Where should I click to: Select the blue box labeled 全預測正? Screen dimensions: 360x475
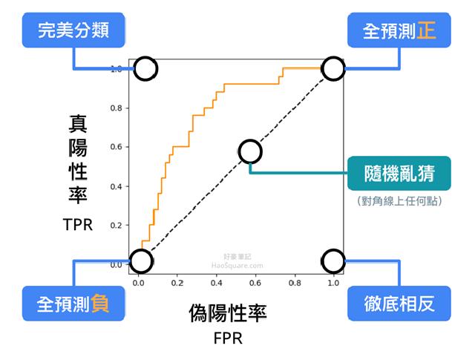pos(399,30)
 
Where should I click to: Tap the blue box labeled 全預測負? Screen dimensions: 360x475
pos(73,304)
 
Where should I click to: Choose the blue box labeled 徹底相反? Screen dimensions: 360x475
pos(399,304)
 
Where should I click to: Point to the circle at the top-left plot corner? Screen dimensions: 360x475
pos(145,69)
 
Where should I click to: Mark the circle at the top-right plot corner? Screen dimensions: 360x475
pos(333,69)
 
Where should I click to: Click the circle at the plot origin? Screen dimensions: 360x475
pos(140,261)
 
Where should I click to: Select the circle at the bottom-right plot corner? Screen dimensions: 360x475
pos(333,261)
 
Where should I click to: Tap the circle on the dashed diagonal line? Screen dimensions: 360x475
pos(251,151)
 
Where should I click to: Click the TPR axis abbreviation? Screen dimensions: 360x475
pos(78,223)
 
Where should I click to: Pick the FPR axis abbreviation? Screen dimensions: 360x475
pos(228,338)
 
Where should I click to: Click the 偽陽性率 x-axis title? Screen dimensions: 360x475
pos(228,312)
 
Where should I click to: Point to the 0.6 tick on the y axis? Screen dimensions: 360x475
pos(117,147)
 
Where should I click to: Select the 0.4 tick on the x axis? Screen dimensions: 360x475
pos(216,283)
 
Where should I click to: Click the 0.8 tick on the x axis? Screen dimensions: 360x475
pos(294,283)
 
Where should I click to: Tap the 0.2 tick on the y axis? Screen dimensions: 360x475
pos(117,225)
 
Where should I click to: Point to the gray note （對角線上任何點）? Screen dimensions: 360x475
pos(399,200)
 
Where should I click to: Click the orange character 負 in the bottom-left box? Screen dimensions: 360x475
pos(99,304)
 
